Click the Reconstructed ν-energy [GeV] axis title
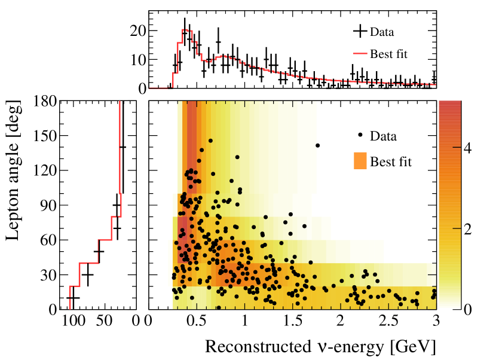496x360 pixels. point(320,346)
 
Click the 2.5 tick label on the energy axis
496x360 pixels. point(388,321)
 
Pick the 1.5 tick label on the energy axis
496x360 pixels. point(293,321)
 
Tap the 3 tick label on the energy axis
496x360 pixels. point(436,321)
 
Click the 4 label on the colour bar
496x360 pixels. point(451,149)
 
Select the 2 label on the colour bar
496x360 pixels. point(451,230)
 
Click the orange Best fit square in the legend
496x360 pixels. point(360,161)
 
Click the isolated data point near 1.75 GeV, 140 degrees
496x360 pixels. point(317,145)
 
